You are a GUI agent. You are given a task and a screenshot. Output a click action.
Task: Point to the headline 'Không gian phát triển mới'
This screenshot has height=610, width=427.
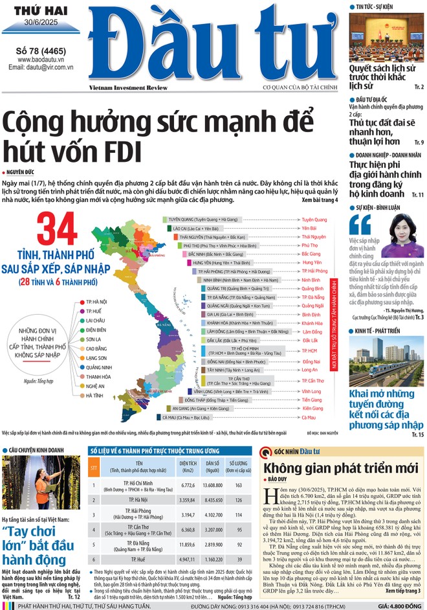point(332,468)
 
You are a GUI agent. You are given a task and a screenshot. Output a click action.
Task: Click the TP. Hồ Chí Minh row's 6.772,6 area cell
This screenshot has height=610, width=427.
point(188,484)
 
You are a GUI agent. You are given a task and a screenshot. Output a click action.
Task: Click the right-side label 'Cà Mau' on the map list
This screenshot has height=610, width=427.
point(311,418)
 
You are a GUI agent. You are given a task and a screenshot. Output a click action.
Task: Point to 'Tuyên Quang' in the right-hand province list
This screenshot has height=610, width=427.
point(314,220)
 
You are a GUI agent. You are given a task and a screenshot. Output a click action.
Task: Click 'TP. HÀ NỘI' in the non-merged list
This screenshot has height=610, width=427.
point(96,302)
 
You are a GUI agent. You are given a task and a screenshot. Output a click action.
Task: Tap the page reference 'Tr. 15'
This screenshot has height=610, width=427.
point(417,434)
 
